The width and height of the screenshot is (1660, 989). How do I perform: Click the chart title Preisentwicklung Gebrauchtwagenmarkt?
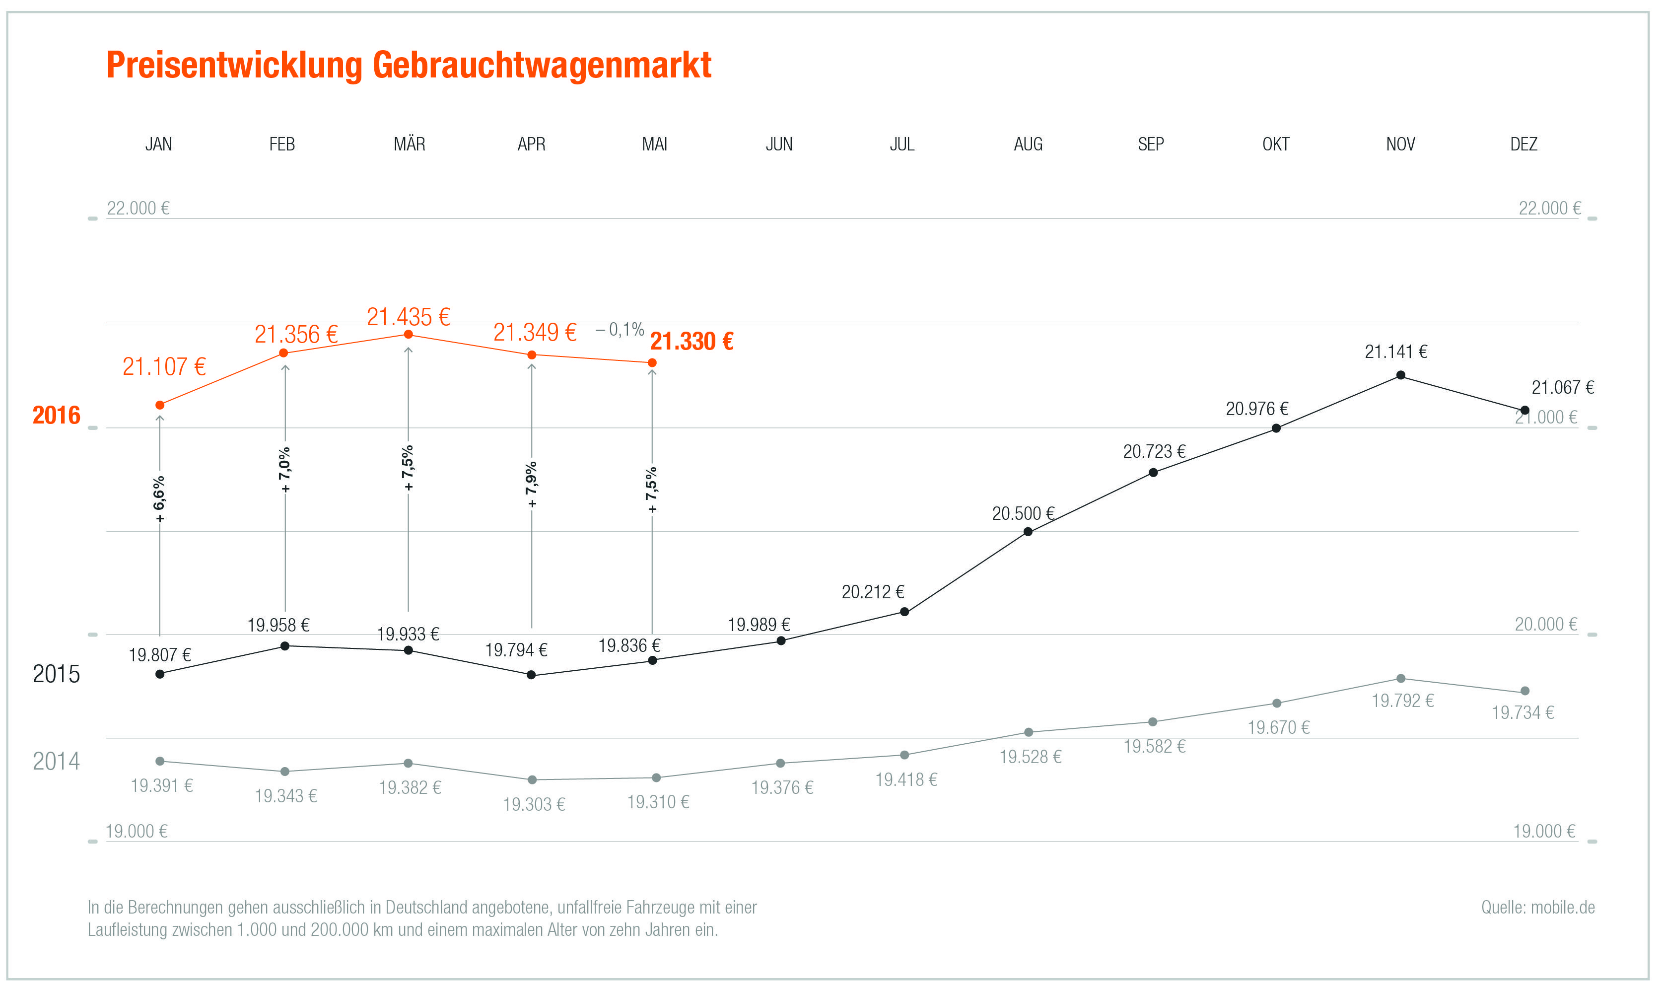click(409, 66)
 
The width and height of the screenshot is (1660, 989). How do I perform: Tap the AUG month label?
click(1028, 144)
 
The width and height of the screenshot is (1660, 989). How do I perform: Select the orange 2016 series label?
click(56, 415)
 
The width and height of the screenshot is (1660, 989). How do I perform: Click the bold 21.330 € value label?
click(692, 341)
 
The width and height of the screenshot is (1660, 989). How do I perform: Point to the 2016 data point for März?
click(409, 335)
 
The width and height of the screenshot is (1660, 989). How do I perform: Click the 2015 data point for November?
click(1400, 375)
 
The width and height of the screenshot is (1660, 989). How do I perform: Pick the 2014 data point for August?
click(1028, 732)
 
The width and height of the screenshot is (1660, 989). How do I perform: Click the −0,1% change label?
click(620, 329)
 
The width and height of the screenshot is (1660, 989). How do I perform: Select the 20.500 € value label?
click(1023, 514)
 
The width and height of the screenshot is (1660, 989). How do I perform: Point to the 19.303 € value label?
click(534, 804)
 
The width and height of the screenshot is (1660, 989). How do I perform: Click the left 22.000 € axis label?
click(138, 208)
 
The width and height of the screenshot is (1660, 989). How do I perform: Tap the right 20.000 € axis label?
click(1545, 625)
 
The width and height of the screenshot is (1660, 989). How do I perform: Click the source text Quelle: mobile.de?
click(1537, 907)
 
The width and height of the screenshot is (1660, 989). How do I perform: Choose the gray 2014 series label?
click(56, 761)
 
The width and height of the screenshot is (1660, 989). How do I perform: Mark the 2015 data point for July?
click(904, 612)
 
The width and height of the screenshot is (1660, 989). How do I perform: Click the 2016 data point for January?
click(160, 405)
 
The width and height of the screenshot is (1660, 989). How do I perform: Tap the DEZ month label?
click(1523, 144)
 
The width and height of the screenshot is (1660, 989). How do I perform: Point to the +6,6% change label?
click(159, 499)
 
